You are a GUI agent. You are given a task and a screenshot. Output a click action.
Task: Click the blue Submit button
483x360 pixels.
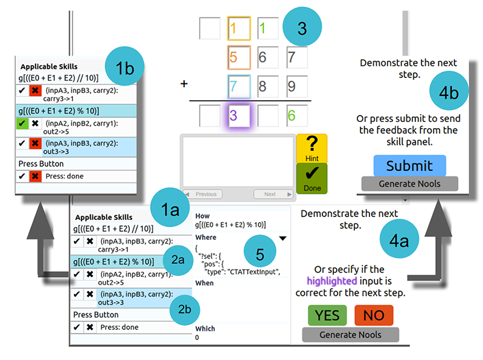(409, 166)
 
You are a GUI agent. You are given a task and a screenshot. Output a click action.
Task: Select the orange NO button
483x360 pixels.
(373, 315)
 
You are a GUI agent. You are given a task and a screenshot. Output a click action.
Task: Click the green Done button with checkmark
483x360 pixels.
(312, 178)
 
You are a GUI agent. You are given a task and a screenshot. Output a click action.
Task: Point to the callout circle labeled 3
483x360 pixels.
(302, 28)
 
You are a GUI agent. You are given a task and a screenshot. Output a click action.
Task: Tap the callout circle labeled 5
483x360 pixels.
(260, 254)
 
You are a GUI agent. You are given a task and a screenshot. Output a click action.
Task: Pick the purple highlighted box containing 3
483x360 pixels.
(239, 115)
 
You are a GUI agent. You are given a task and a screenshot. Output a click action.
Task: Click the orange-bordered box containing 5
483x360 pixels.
(239, 57)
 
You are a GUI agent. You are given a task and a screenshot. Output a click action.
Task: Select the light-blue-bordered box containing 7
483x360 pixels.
(239, 86)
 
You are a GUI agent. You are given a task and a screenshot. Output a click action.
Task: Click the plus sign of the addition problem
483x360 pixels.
(184, 83)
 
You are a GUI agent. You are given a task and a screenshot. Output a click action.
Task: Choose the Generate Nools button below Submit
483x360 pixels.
(409, 184)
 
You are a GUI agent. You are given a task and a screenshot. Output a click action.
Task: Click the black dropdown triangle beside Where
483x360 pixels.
(282, 239)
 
